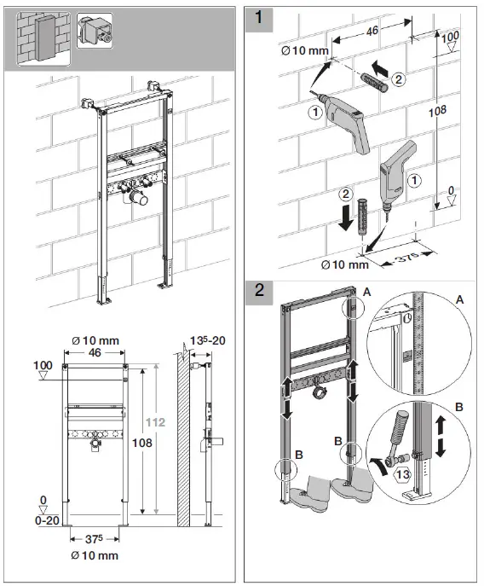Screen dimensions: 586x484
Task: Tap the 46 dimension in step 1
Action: point(371,32)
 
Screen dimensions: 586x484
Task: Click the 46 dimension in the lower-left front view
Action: point(95,351)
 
